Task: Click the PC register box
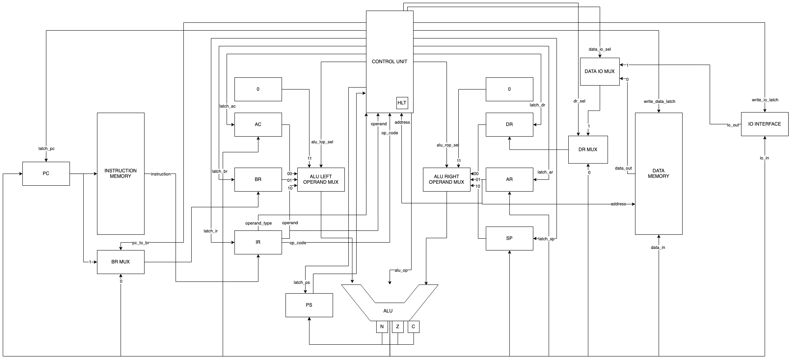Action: (x=46, y=174)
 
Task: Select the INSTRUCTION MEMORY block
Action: (x=121, y=174)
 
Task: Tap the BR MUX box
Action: (x=121, y=262)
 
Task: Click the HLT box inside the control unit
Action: (x=402, y=103)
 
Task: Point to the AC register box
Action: (x=258, y=124)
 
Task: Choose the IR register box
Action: (x=258, y=242)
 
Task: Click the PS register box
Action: (x=309, y=305)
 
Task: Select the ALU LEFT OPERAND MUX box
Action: (x=321, y=179)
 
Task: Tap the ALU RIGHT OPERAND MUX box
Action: (x=447, y=179)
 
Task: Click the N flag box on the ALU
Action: (x=382, y=327)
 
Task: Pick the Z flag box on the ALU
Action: (x=397, y=327)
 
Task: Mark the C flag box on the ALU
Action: (x=413, y=327)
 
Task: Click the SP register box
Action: (x=509, y=238)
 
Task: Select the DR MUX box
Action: (x=588, y=150)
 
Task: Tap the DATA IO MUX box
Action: (x=600, y=71)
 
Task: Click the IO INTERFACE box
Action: (x=765, y=124)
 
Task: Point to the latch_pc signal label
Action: (x=46, y=148)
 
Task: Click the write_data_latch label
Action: (x=659, y=101)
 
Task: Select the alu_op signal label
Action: (x=401, y=270)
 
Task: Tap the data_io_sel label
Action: (x=600, y=49)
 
